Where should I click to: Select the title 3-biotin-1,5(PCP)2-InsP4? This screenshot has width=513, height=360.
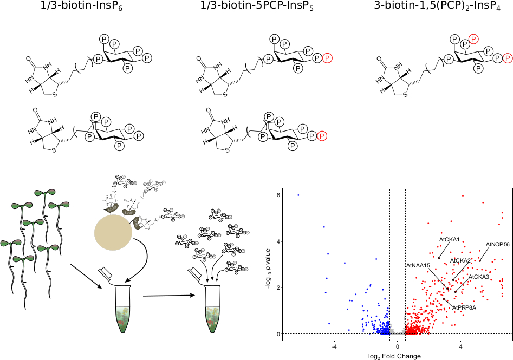tap(437, 7)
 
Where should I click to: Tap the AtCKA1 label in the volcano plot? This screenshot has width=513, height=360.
tap(449, 239)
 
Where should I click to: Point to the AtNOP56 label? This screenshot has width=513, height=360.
tap(497, 244)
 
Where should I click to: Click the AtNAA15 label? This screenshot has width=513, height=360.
tap(418, 265)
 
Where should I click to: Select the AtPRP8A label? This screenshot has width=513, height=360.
tap(464, 307)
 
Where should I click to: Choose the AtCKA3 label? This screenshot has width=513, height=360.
tap(479, 277)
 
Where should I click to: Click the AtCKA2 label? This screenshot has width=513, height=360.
tap(460, 260)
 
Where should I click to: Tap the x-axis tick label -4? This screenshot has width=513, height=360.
tap(334, 346)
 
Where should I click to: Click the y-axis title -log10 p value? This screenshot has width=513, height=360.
tap(269, 264)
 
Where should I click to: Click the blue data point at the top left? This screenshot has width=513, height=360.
tap(298, 195)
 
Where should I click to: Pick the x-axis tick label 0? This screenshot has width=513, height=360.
tap(397, 346)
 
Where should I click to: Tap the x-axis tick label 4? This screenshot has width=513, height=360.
tap(461, 346)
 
